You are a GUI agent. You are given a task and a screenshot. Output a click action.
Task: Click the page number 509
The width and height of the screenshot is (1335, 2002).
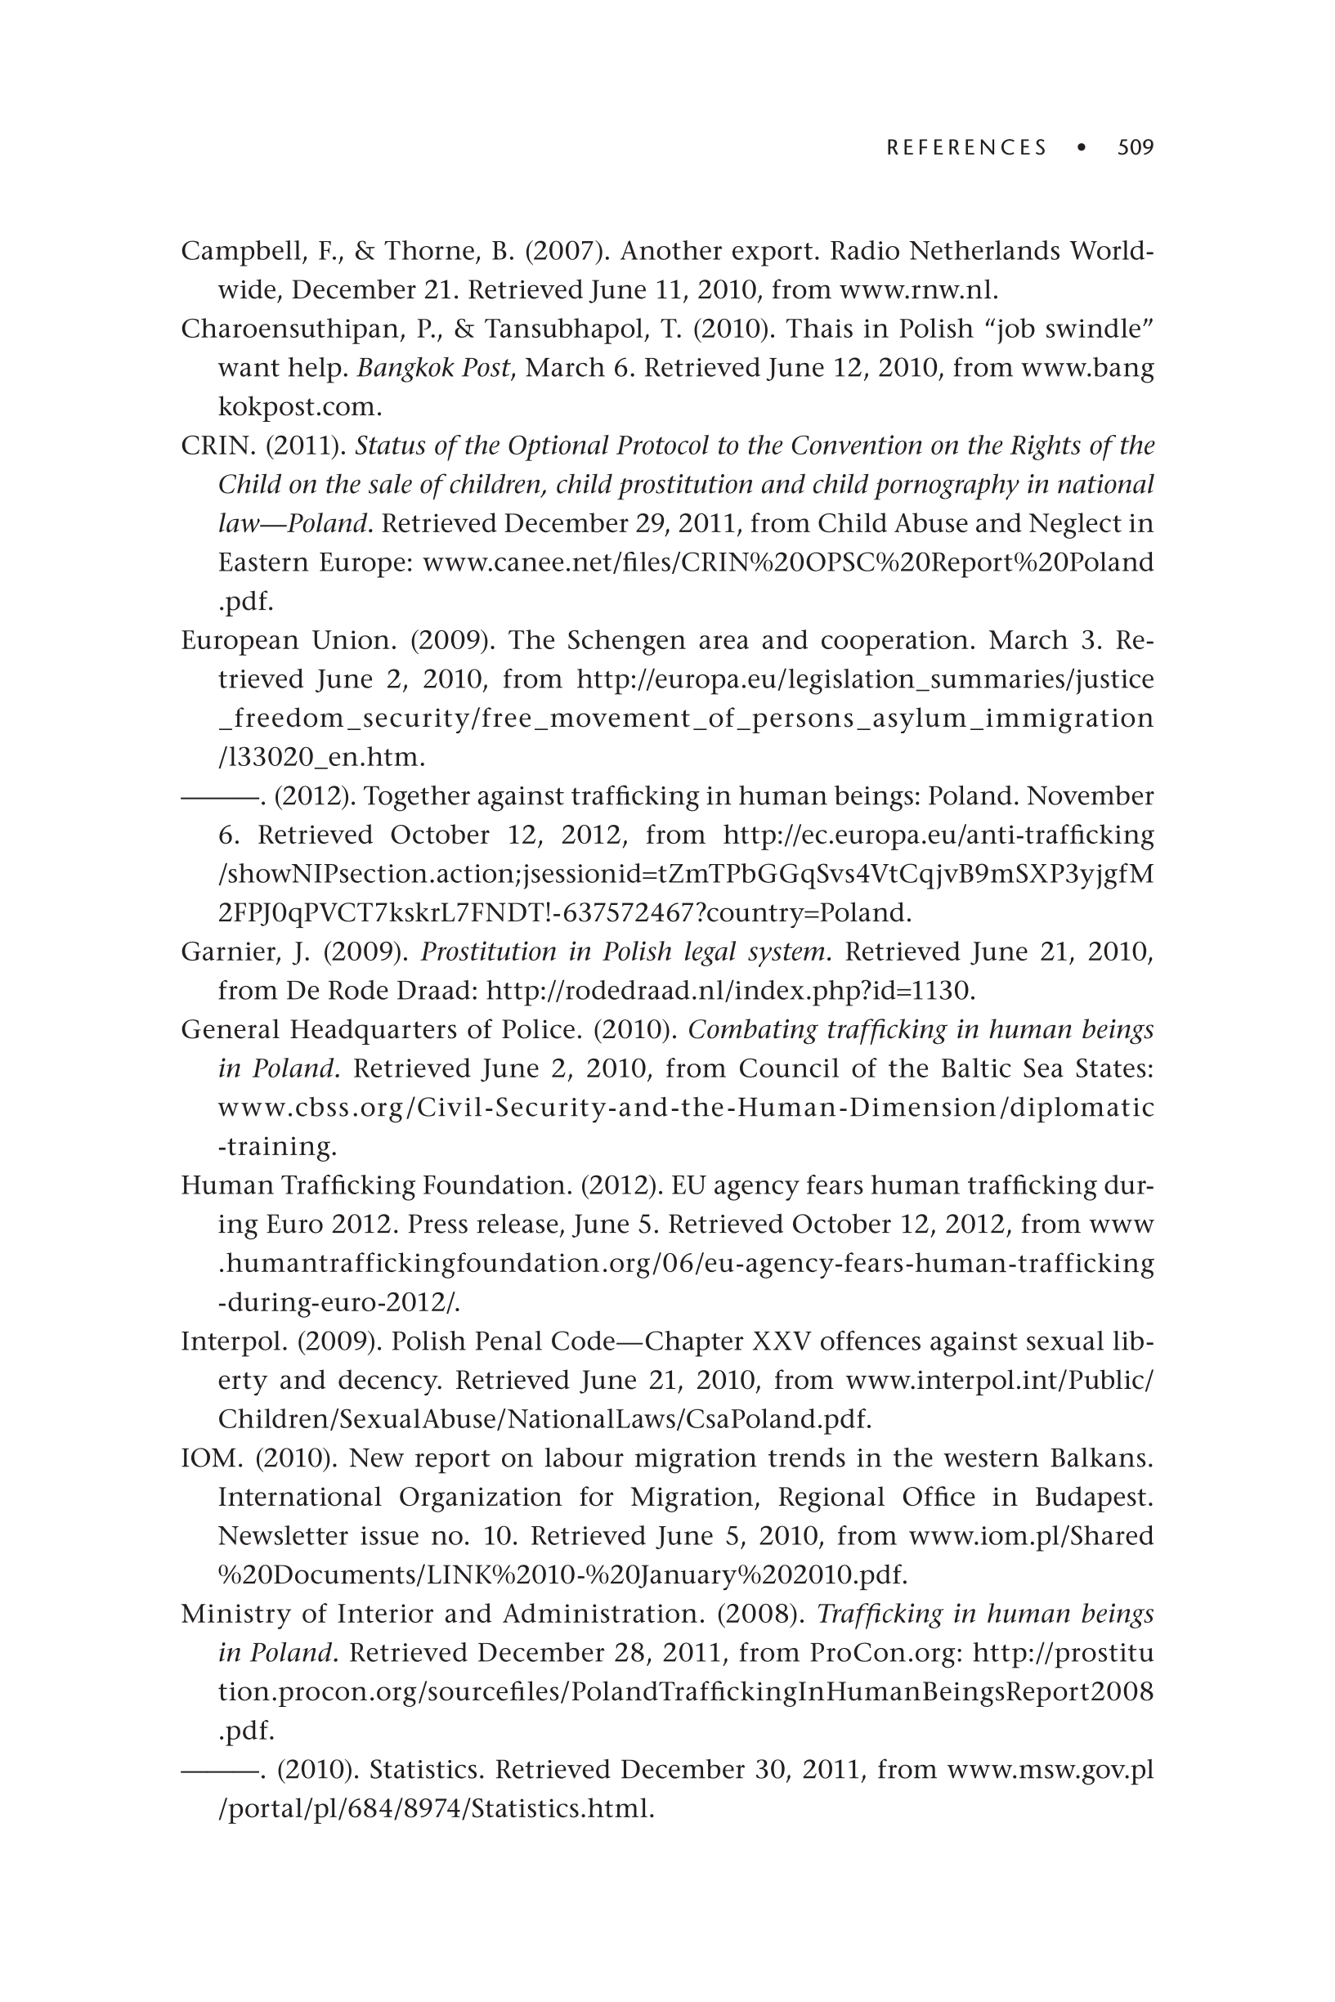tap(1135, 148)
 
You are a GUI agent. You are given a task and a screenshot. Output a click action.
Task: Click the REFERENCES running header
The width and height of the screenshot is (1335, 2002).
tap(966, 148)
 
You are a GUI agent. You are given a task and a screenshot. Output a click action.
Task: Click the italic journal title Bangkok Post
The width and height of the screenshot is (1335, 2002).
tap(433, 369)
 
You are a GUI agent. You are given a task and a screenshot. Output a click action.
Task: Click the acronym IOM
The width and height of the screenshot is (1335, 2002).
tap(212, 1458)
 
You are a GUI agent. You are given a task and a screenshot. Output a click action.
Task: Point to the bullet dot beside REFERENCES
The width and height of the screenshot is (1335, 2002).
tap(1082, 148)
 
